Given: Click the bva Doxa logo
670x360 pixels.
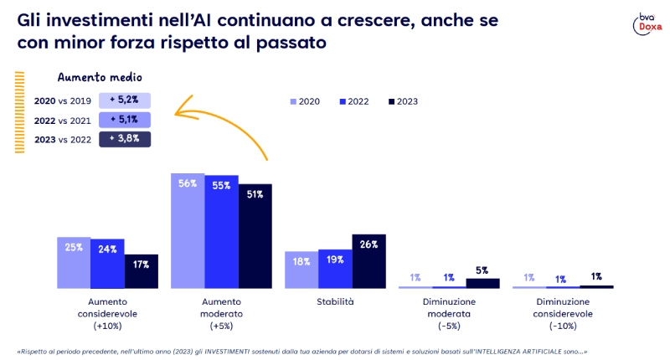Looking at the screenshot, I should [645, 24].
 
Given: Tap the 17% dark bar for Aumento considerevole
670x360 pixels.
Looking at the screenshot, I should [141, 271].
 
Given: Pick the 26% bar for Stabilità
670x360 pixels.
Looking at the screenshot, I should [368, 260].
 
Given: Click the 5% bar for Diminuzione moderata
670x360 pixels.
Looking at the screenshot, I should [482, 283].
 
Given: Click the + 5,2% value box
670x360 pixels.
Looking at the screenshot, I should [125, 100].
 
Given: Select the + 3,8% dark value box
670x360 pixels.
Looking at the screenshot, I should [125, 139].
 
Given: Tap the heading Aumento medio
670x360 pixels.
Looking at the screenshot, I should [94, 77].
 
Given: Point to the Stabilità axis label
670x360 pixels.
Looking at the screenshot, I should [335, 301].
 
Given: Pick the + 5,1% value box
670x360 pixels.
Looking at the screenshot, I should [125, 120].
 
